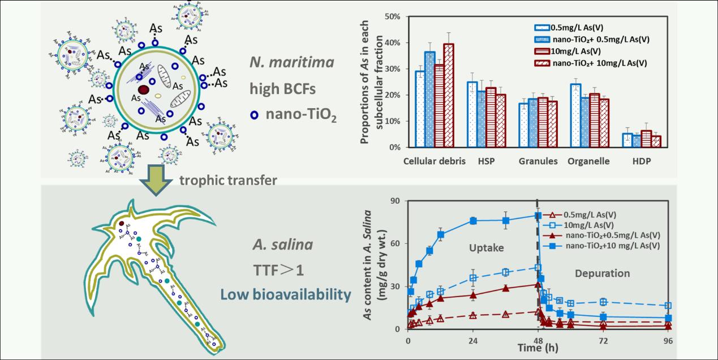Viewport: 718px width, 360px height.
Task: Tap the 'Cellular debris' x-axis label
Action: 435,161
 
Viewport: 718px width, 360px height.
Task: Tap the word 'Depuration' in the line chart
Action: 602,273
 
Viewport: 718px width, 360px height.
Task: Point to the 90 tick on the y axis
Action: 397,200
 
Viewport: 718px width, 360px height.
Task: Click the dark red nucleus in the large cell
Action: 144,89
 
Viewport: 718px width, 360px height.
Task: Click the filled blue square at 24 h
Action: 473,221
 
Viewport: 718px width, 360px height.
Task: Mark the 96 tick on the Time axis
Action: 668,341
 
